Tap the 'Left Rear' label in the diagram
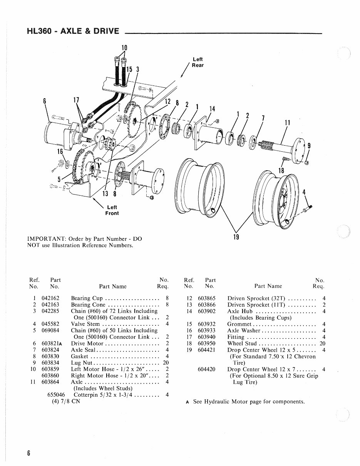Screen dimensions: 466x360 [198, 62]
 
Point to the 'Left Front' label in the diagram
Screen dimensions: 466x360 [112, 210]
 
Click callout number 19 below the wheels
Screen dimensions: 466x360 [236, 237]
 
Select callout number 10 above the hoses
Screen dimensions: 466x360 [124, 48]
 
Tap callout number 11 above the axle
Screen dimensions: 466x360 [287, 123]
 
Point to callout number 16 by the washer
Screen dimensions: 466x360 [60, 151]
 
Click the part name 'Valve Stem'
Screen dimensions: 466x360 [84, 324]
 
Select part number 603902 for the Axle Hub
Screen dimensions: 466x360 [206, 311]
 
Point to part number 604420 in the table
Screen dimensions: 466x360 [206, 369]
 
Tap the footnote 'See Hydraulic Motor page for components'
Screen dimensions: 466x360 [249, 402]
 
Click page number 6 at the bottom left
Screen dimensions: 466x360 [29, 453]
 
